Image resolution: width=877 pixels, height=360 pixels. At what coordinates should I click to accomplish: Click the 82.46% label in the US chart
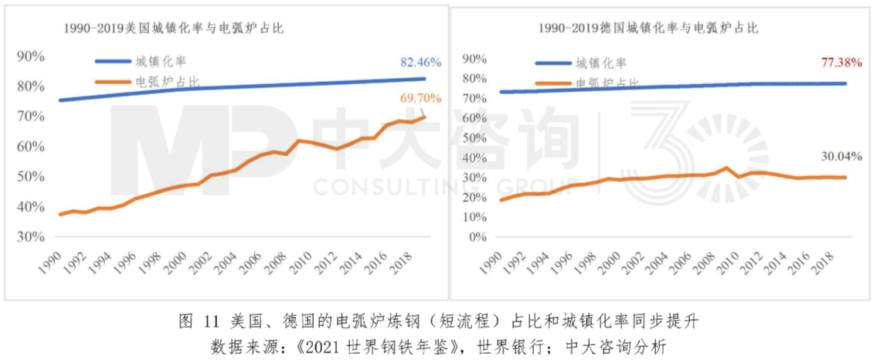pyautogui.click(x=420, y=62)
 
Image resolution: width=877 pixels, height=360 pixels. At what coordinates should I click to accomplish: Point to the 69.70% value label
pyautogui.click(x=420, y=98)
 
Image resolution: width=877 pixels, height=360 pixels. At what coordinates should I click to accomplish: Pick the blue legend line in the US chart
pyautogui.click(x=111, y=62)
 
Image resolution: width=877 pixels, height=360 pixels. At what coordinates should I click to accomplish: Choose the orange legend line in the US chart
pyautogui.click(x=111, y=80)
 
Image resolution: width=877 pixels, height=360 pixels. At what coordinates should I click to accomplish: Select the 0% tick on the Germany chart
pyautogui.click(x=478, y=237)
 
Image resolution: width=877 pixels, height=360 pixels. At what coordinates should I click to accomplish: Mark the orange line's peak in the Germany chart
pyautogui.click(x=726, y=168)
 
